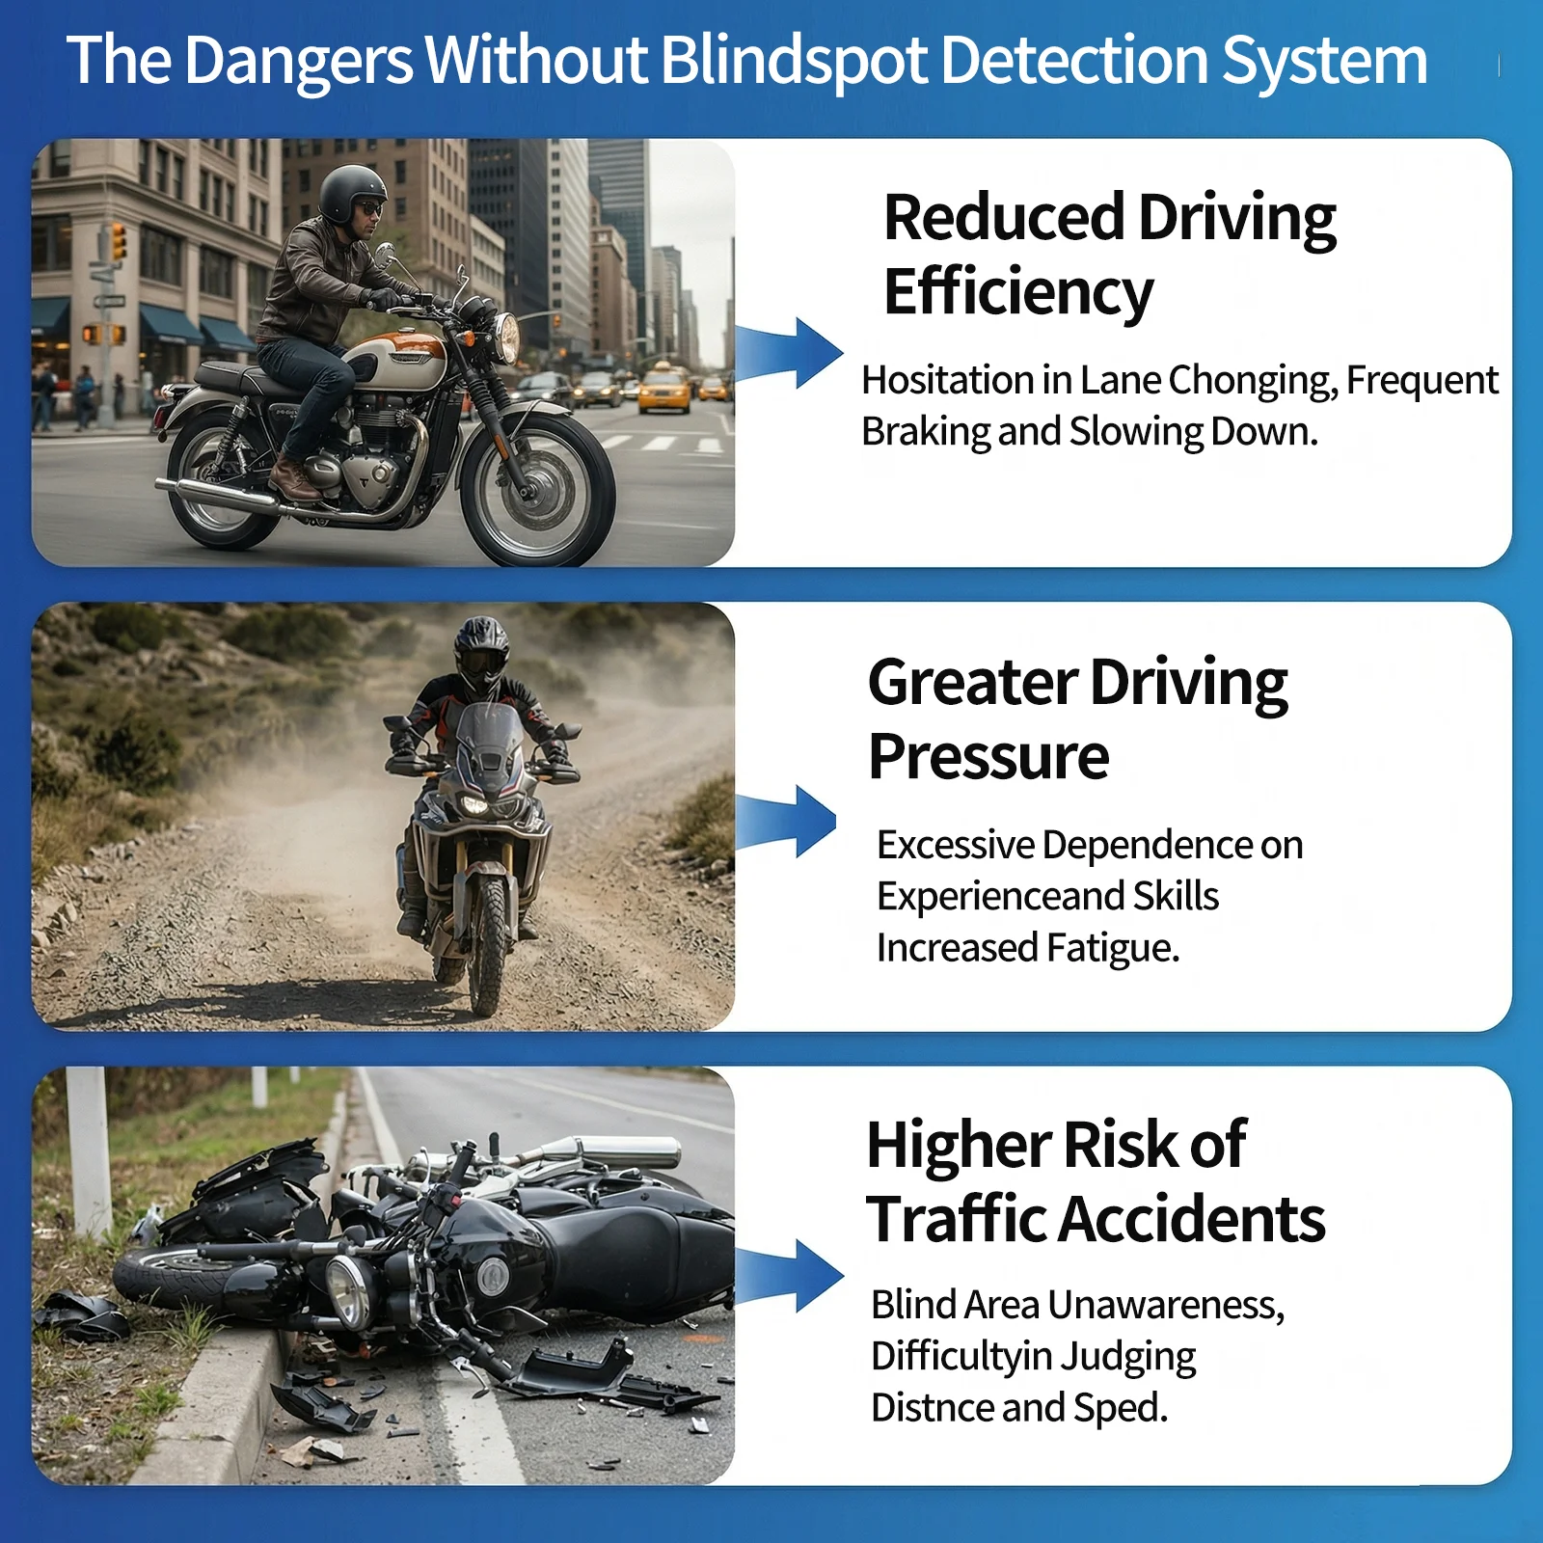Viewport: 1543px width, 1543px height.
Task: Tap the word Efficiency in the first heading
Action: tap(1018, 293)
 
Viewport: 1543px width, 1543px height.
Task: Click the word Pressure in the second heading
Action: tap(988, 756)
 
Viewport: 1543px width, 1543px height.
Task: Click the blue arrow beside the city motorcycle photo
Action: tap(788, 352)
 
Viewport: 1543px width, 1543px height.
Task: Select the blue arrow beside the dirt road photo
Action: tap(785, 821)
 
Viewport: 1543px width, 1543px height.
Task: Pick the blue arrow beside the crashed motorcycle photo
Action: tap(788, 1275)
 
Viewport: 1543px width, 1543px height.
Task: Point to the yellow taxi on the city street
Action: tap(664, 389)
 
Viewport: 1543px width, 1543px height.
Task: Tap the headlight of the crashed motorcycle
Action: tap(348, 1289)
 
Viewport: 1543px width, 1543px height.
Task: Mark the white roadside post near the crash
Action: tap(89, 1152)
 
